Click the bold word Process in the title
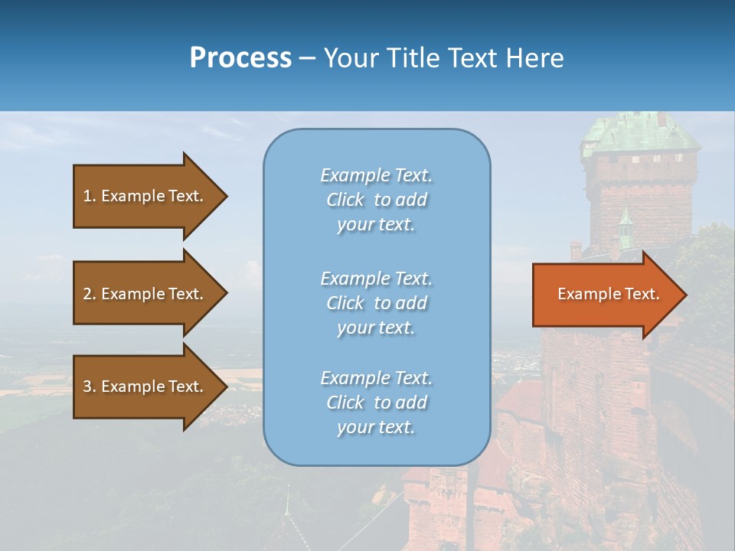click(x=240, y=58)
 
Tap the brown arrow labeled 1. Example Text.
click(x=145, y=196)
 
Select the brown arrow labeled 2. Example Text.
click(x=145, y=294)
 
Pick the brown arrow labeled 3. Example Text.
click(x=145, y=386)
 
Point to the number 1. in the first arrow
click(x=90, y=196)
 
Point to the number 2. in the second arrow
click(x=90, y=294)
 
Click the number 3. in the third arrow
click(x=90, y=386)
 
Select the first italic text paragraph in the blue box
click(x=376, y=200)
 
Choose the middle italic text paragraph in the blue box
click(x=376, y=302)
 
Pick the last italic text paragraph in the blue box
click(x=376, y=403)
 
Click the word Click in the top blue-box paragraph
click(x=345, y=200)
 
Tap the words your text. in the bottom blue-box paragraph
click(x=376, y=427)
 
